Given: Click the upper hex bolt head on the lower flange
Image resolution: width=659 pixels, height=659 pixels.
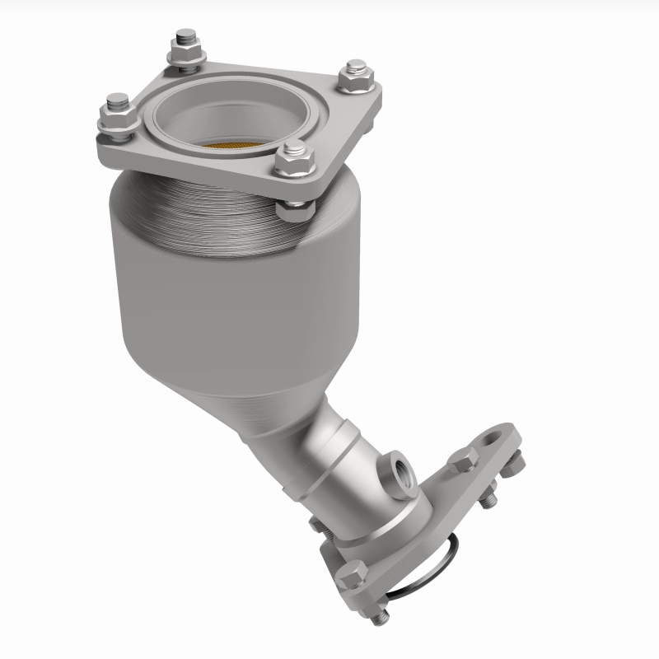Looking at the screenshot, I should [x=464, y=460].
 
